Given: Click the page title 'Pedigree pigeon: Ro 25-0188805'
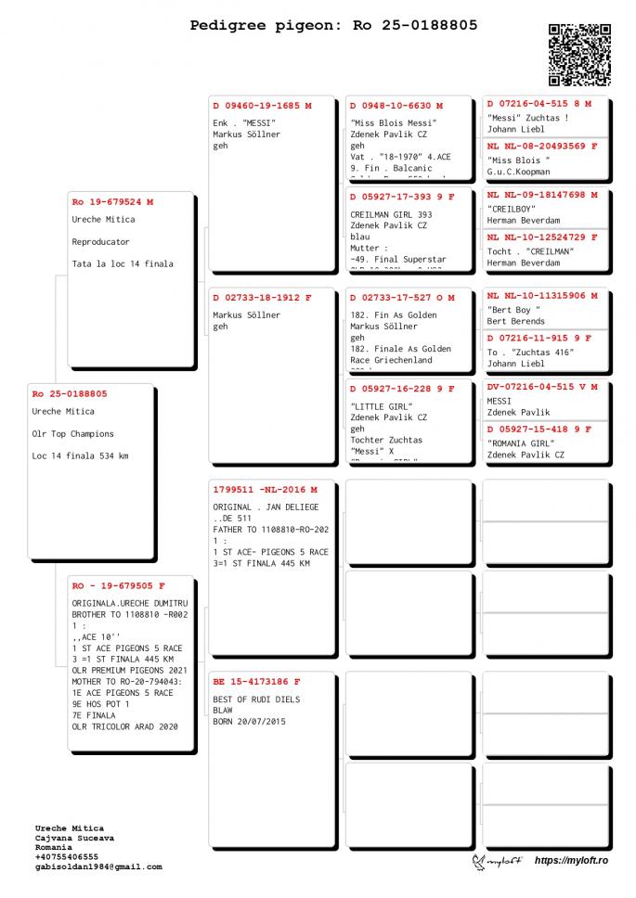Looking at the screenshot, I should tap(333, 25).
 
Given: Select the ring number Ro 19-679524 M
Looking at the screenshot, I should tap(112, 201).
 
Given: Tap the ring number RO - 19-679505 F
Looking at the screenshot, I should tap(118, 586).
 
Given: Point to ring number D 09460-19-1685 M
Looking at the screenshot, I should tap(262, 106).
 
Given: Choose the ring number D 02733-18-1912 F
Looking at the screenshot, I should tap(262, 298).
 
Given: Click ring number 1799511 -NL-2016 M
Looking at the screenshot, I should tap(265, 489).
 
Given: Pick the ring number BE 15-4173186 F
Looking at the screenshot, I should tap(256, 682).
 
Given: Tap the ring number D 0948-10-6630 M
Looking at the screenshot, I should tap(396, 106).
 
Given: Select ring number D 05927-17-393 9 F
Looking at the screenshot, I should tap(402, 197).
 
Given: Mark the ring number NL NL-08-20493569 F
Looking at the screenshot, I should tap(542, 146).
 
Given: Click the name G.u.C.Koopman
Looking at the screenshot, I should tap(518, 172).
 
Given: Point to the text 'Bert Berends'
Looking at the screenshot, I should tap(516, 321).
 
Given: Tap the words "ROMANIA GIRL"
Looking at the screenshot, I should tap(520, 443).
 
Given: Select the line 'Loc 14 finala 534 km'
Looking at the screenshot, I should tap(80, 455).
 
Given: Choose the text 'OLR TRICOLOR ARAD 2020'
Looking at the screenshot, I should tap(124, 726).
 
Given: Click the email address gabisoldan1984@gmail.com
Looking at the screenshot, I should tap(98, 866).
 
